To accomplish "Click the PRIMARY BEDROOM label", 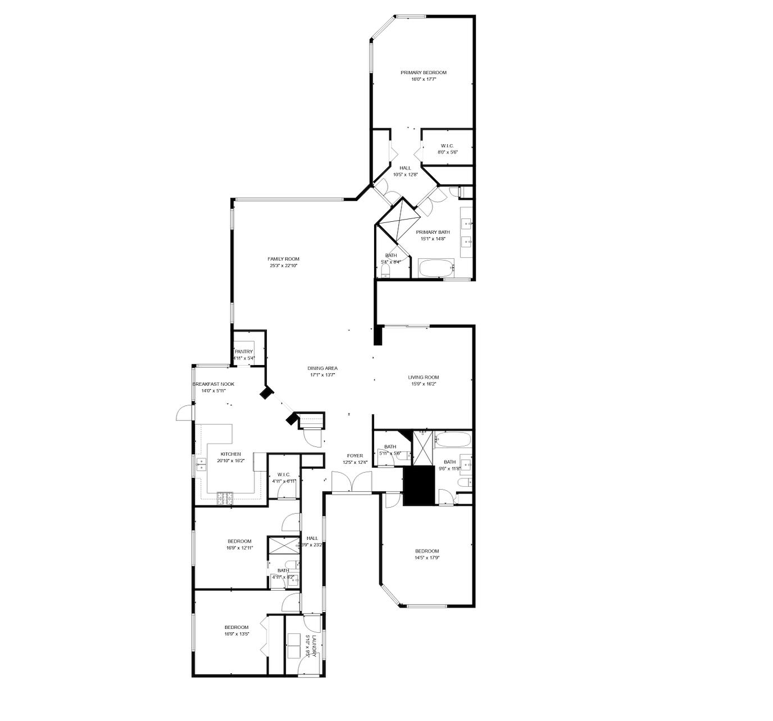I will point(423,72).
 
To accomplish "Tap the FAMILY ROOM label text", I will point(283,259).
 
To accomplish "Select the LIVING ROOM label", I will point(423,377).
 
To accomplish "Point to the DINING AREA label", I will point(322,368).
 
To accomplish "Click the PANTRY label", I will point(244,352).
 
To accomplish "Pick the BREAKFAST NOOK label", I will point(213,384).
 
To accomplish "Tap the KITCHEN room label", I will point(230,454).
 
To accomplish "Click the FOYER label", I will point(354,456).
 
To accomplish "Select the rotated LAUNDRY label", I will point(315,642).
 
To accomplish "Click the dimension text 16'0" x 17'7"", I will point(423,80).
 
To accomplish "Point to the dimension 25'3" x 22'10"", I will point(283,266).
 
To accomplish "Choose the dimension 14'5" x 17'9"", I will point(426,558).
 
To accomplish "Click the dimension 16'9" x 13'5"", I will point(237,634).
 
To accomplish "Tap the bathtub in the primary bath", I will point(436,268).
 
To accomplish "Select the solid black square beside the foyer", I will point(419,485).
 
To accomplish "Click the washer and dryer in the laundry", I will point(294,646).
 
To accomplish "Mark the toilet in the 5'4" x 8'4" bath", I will point(385,272).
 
